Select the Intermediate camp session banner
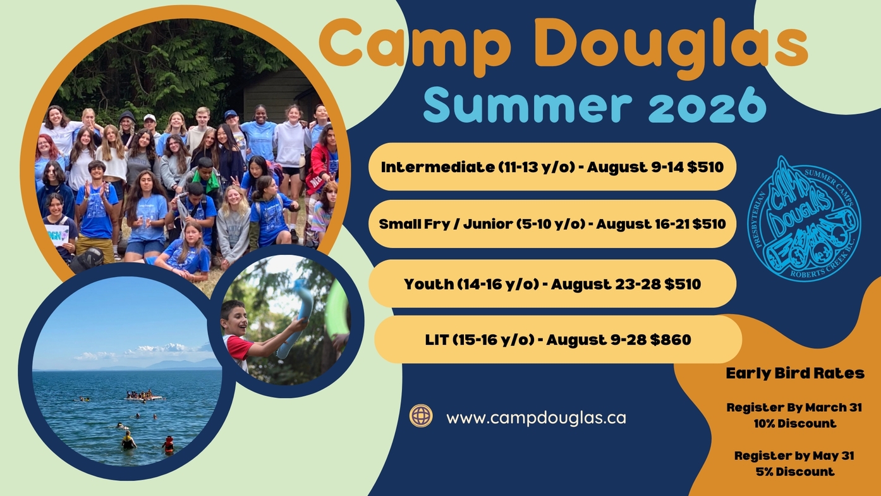(x=552, y=167)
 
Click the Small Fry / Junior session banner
(x=552, y=224)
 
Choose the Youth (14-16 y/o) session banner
(x=552, y=284)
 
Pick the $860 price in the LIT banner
(x=671, y=340)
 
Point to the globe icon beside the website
(x=421, y=416)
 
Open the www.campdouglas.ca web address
(x=536, y=418)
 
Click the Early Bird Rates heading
(x=795, y=373)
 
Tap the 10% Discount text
(x=795, y=424)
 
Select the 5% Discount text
(x=795, y=471)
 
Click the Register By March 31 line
(x=794, y=407)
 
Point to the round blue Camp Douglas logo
(x=804, y=219)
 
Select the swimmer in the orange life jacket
(x=168, y=444)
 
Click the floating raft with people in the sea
(x=143, y=395)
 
